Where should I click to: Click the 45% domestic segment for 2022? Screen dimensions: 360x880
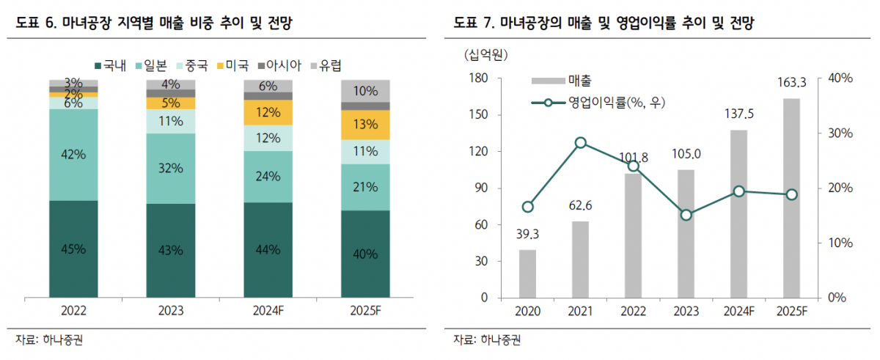[x=73, y=249]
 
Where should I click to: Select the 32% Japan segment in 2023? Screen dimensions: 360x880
[x=170, y=169]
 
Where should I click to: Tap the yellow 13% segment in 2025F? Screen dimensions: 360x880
[x=365, y=125]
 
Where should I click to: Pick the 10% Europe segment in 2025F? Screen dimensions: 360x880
[x=365, y=91]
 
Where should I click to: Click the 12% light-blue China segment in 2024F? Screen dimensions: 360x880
[x=268, y=138]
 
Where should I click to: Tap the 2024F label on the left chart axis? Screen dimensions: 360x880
[x=268, y=311]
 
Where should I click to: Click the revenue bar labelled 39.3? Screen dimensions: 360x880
[x=527, y=273]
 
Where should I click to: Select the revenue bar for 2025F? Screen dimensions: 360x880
[x=791, y=198]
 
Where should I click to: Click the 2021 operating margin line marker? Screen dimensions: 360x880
[x=581, y=143]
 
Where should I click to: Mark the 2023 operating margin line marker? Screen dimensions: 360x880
[x=686, y=215]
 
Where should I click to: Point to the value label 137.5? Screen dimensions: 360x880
[x=738, y=114]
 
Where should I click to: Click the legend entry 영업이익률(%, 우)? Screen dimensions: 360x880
[x=606, y=103]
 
